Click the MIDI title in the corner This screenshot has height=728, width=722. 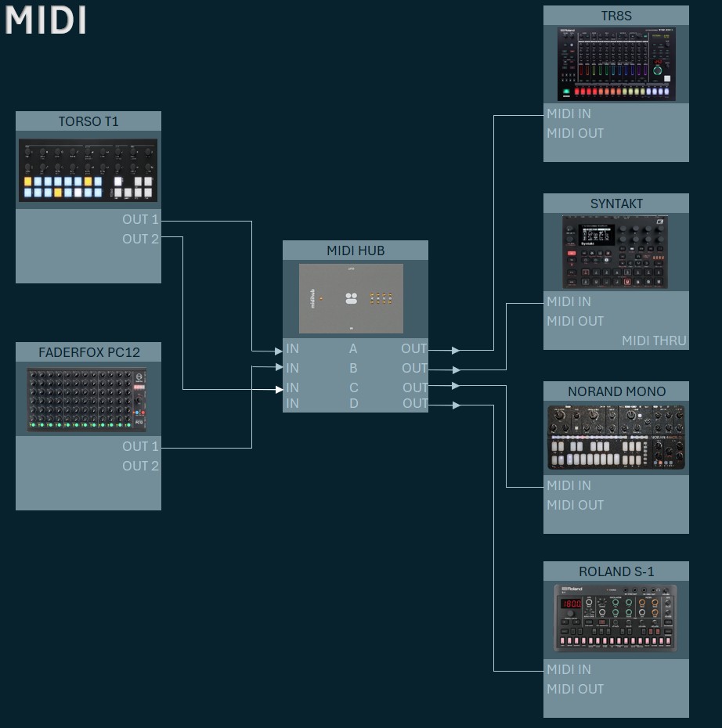pos(45,20)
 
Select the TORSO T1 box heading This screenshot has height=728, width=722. pos(88,121)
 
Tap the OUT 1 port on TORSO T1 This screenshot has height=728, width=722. pos(140,220)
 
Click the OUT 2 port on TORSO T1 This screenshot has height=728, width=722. pos(140,239)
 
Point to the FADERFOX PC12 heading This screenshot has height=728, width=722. pos(88,352)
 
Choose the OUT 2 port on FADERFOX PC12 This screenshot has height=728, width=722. pos(140,466)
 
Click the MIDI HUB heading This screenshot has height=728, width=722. pos(356,250)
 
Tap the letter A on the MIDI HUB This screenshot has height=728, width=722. pos(353,349)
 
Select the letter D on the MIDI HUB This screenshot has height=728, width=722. pos(354,404)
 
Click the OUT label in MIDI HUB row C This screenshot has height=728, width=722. pos(415,387)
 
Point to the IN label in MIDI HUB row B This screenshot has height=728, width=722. pos(292,368)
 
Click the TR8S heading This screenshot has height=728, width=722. pos(616,16)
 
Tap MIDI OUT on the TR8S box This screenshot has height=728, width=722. pos(575,133)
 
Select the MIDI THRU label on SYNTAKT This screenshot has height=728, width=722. pos(654,341)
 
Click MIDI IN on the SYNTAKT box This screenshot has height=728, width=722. pos(569,301)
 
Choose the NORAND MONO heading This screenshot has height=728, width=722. pos(616,391)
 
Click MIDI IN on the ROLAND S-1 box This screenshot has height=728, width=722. pos(569,669)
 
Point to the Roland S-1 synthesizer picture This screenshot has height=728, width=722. pos(616,618)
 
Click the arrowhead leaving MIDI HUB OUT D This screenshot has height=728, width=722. pos(456,405)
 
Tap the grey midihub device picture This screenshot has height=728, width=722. pos(351,298)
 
